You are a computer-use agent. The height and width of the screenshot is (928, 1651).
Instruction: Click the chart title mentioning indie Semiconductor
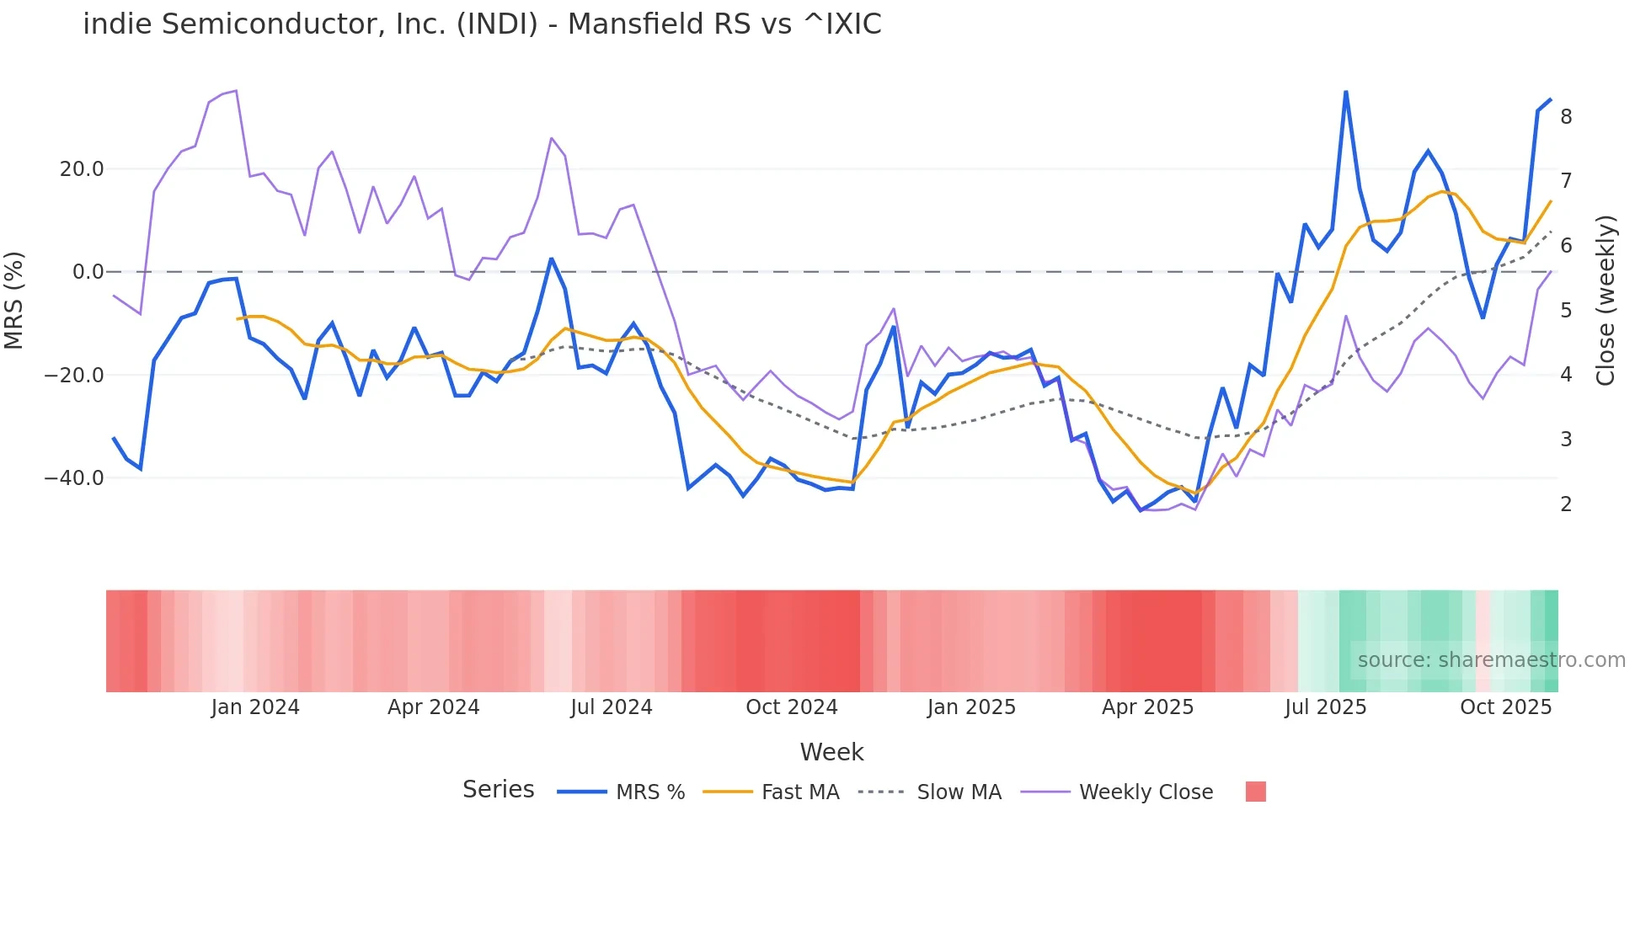[x=482, y=24]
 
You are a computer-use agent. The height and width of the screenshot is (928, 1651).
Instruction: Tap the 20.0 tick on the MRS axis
[x=82, y=169]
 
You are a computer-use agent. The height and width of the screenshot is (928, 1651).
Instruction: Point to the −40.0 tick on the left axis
[x=74, y=478]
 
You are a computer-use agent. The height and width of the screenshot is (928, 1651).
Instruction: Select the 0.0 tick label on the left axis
[x=88, y=272]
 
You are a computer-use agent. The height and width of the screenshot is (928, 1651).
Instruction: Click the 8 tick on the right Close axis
[x=1566, y=117]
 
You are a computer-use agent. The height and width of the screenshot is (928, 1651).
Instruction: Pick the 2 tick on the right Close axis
[x=1566, y=504]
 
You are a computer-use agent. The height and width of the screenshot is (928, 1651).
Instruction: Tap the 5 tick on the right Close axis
[x=1566, y=311]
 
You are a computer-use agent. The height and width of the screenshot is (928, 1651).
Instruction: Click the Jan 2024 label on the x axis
[x=254, y=707]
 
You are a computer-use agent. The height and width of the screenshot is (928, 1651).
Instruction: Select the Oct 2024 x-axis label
[x=791, y=707]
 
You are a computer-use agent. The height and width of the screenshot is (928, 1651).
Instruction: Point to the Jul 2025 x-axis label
[x=1325, y=707]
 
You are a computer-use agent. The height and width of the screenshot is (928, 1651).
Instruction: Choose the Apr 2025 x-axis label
[x=1147, y=707]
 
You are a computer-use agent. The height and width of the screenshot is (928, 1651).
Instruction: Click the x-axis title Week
[x=831, y=752]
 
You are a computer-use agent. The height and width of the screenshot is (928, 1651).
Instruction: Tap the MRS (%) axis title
[x=14, y=300]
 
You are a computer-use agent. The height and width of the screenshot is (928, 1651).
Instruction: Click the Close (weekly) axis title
[x=1606, y=301]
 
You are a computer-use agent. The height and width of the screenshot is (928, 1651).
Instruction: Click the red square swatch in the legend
[x=1255, y=792]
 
